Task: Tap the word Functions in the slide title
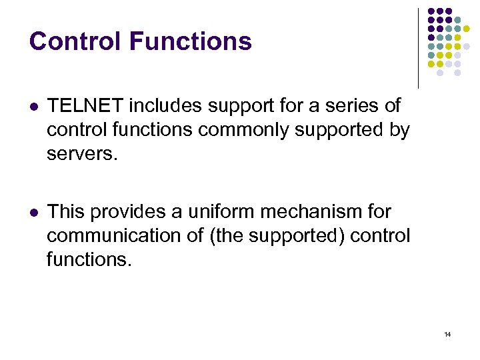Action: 191,41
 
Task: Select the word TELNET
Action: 85,105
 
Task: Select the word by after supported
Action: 399,129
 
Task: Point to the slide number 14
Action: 447,334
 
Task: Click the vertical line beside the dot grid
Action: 418,48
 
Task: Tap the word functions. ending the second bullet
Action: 89,260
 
